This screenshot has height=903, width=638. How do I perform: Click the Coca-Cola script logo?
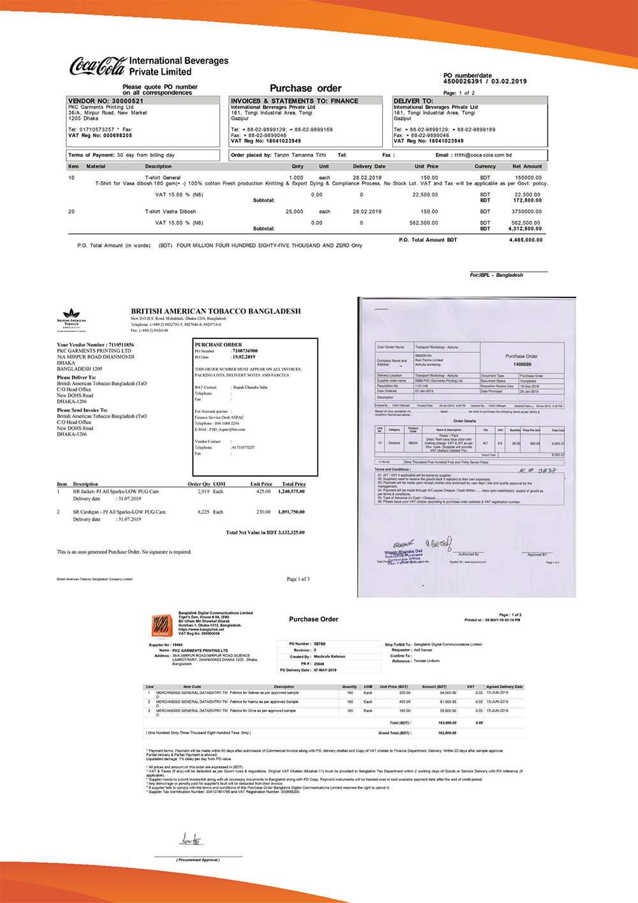tap(98, 66)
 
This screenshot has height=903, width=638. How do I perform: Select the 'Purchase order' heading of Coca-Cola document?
tap(305, 88)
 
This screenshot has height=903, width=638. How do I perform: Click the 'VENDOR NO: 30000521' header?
tap(106, 101)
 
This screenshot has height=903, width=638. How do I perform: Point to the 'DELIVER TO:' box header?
tap(413, 101)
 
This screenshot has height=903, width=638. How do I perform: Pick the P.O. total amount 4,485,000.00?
tap(526, 240)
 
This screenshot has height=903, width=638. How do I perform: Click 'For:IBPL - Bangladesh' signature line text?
tap(496, 275)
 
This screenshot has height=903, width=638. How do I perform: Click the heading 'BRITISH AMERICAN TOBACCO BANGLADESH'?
tap(216, 311)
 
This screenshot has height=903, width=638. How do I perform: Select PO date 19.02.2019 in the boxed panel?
tap(244, 357)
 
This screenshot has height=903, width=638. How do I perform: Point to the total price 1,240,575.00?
tap(291, 492)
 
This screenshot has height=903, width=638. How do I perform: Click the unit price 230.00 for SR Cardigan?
tap(263, 512)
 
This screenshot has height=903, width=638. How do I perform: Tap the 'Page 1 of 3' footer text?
tap(298, 579)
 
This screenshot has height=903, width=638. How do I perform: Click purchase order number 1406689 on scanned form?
tap(522, 364)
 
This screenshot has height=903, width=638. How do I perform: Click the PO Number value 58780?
tap(320, 644)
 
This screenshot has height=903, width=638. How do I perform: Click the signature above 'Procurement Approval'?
tap(191, 840)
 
